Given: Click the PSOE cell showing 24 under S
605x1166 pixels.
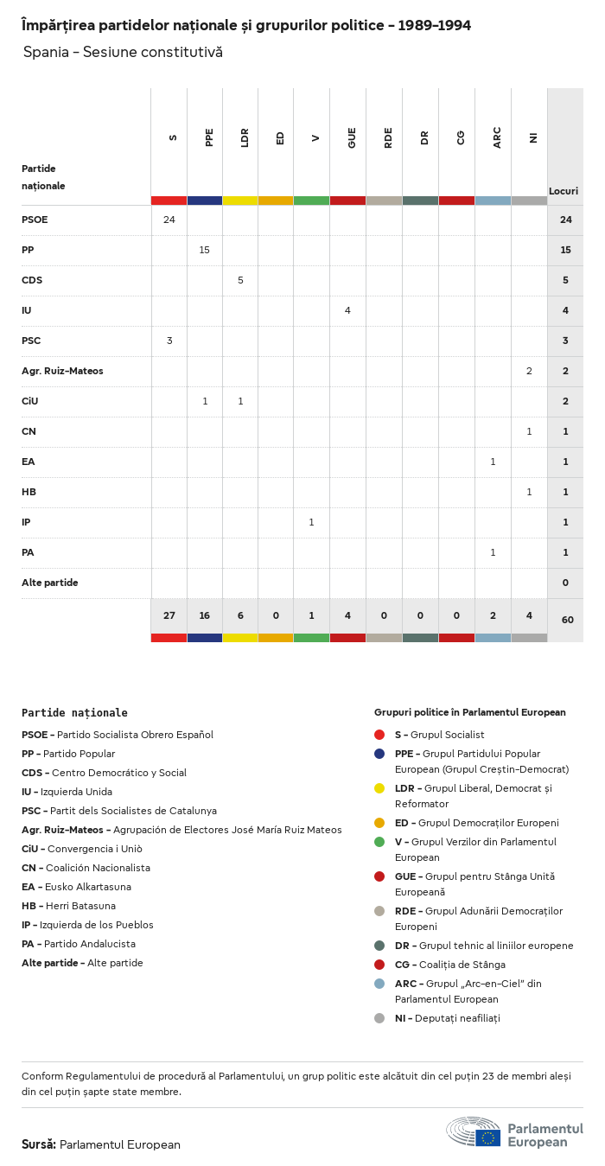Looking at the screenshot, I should click(169, 220).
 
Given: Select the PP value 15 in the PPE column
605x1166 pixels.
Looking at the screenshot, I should click(205, 250).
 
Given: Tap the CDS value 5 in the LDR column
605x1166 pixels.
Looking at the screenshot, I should click(240, 280).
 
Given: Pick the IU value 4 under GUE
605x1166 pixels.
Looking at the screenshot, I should click(347, 310).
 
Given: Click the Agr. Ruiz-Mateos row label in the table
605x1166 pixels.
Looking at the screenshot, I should click(62, 371).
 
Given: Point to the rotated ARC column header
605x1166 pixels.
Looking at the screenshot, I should click(497, 138).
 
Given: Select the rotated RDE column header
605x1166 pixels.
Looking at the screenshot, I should click(388, 137).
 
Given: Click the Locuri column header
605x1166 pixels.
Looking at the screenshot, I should click(564, 191).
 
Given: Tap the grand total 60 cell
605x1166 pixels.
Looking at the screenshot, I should click(566, 620).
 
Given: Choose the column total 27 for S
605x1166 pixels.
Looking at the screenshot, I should click(169, 615).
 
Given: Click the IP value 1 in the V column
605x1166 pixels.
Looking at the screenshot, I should click(311, 522).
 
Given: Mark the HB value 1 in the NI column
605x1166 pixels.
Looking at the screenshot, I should click(529, 492).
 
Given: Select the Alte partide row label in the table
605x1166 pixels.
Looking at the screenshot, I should click(50, 583).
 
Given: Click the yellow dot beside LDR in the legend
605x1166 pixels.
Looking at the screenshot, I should click(379, 788).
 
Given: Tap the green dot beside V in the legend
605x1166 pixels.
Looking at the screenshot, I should click(379, 842).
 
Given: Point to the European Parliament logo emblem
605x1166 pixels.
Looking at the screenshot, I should click(474, 1131).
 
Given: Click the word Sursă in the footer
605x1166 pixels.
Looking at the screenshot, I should click(39, 1144).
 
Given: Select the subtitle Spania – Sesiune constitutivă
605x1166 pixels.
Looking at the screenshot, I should click(123, 52).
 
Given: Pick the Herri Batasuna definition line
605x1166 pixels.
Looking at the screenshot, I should click(68, 906).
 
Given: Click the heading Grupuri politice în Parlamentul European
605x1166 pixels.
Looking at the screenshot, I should click(470, 712).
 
